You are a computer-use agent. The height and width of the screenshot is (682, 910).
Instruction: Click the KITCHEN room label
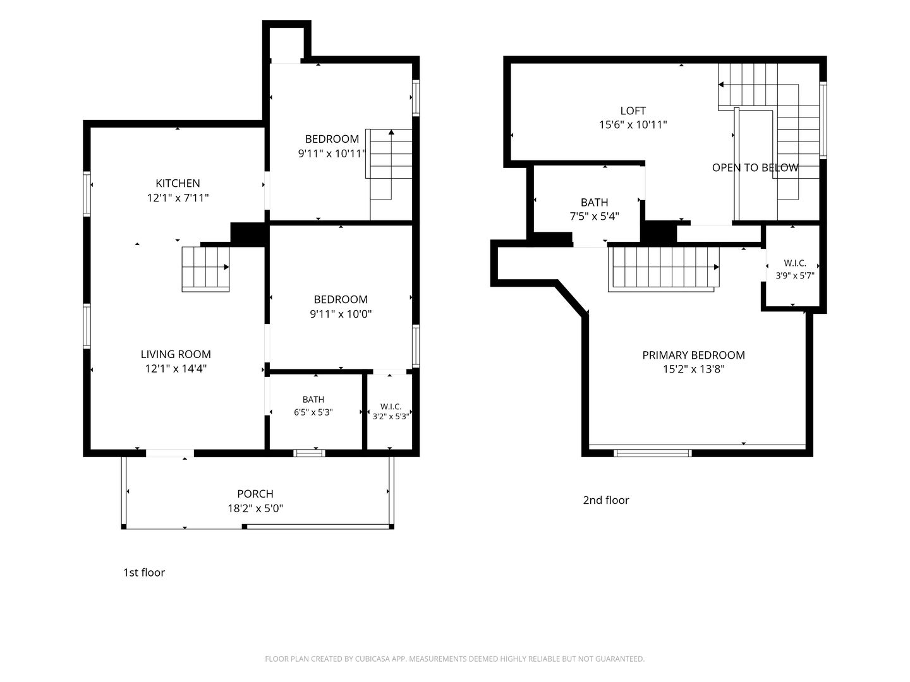[178, 183]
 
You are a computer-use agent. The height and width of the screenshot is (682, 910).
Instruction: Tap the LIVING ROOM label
[176, 354]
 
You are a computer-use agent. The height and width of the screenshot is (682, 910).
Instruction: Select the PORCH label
[255, 494]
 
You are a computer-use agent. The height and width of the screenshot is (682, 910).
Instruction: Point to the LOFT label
[633, 111]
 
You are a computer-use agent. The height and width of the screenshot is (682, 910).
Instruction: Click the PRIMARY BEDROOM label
[694, 355]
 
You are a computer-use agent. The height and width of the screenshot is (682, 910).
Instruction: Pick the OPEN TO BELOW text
[755, 167]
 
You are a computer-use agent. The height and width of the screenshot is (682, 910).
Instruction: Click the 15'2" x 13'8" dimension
[694, 369]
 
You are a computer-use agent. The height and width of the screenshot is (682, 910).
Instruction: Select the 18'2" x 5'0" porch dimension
[255, 508]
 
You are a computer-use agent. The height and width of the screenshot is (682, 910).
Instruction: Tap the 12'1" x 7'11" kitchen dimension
[178, 198]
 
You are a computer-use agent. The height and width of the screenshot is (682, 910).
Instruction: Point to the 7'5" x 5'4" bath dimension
[595, 216]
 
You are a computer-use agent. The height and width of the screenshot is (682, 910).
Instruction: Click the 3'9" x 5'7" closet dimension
[795, 275]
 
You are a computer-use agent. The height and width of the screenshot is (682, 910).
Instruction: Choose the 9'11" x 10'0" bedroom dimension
[341, 313]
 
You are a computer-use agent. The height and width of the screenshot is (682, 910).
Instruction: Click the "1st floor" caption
[144, 572]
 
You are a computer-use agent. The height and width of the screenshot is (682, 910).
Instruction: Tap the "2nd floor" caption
[606, 500]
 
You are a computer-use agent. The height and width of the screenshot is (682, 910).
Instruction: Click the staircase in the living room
[205, 269]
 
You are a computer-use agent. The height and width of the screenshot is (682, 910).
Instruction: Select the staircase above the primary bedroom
[664, 269]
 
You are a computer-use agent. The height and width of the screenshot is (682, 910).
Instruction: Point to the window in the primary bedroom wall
[653, 453]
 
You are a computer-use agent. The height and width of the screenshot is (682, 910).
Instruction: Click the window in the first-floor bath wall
[309, 453]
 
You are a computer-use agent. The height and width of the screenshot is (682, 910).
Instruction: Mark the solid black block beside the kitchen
[248, 234]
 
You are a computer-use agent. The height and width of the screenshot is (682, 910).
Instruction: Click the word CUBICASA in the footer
[372, 659]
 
